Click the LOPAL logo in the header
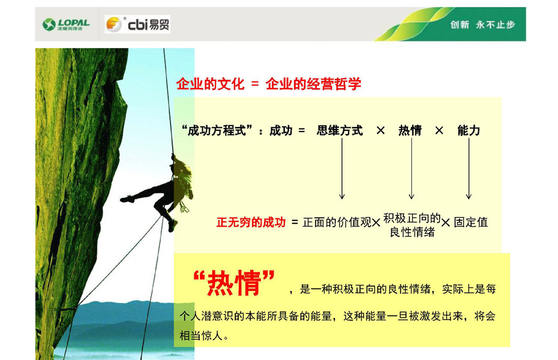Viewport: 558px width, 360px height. [66, 24]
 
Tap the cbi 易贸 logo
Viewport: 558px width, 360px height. [137, 24]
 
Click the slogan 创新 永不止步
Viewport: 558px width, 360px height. [482, 25]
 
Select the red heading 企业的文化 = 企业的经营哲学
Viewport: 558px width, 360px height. [269, 84]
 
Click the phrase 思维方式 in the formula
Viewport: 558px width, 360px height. [340, 131]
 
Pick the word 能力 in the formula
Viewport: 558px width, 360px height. [469, 131]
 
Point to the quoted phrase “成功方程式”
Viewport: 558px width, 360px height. [217, 131]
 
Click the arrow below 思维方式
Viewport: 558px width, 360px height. [342, 169]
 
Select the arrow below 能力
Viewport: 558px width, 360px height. [469, 169]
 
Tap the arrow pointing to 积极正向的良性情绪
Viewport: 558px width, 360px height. [412, 169]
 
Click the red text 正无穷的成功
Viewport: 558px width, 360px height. [251, 223]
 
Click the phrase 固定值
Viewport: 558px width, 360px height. [471, 223]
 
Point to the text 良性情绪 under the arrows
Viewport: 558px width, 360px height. [412, 232]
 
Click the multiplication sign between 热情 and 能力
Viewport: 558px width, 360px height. [439, 131]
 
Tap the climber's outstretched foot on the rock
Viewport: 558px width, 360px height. [127, 199]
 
